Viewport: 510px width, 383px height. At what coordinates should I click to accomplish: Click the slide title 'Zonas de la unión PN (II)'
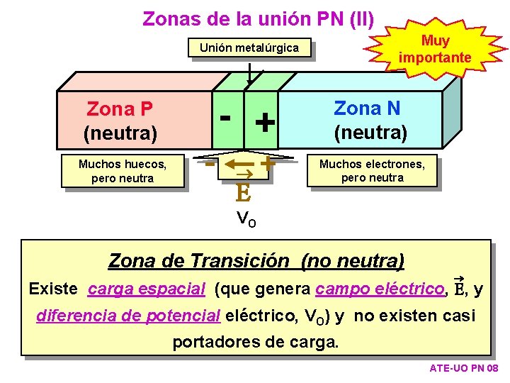click(259, 18)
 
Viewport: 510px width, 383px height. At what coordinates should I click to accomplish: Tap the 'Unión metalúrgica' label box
click(249, 48)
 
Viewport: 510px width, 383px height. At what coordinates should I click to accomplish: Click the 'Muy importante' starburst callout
click(435, 49)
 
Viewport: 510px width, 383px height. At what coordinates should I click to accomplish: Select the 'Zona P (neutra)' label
click(120, 121)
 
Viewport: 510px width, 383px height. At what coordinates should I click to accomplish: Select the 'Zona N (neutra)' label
click(370, 120)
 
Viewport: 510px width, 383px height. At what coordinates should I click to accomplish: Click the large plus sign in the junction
click(265, 123)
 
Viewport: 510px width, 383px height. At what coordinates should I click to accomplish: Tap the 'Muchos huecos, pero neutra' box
click(123, 171)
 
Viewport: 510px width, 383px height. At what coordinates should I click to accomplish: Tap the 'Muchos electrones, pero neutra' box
click(372, 171)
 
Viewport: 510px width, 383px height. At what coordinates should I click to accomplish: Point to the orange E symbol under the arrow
click(242, 192)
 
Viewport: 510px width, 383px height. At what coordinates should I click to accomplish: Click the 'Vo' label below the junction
click(246, 218)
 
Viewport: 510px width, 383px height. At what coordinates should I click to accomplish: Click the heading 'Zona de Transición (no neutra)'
click(256, 261)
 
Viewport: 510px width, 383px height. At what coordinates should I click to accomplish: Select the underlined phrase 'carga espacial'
click(147, 289)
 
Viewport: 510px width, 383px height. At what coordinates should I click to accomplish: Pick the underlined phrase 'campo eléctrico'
click(380, 289)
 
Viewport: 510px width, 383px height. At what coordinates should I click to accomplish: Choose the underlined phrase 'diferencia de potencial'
click(128, 316)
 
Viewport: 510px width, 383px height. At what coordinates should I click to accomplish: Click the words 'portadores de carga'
click(256, 342)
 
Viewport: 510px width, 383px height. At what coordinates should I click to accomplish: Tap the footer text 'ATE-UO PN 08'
click(464, 369)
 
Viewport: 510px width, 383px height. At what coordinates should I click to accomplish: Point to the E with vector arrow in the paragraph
click(458, 287)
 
